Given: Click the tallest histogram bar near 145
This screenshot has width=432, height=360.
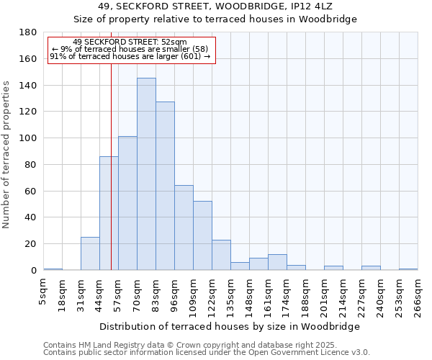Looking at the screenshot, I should [146, 174].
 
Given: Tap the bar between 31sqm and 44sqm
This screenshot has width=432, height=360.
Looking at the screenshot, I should [90, 253].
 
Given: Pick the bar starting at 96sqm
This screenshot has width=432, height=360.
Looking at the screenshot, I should [184, 228].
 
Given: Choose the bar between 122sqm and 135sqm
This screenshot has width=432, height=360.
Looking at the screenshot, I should [221, 255].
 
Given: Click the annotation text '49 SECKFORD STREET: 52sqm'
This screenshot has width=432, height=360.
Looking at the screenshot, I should [130, 42].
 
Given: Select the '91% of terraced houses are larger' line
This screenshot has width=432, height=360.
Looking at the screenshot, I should [130, 56].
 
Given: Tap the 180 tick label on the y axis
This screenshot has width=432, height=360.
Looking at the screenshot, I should [28, 32].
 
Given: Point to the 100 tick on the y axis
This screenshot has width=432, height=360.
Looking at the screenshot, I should [28, 138].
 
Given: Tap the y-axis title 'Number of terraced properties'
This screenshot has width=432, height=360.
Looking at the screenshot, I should [7, 155].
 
